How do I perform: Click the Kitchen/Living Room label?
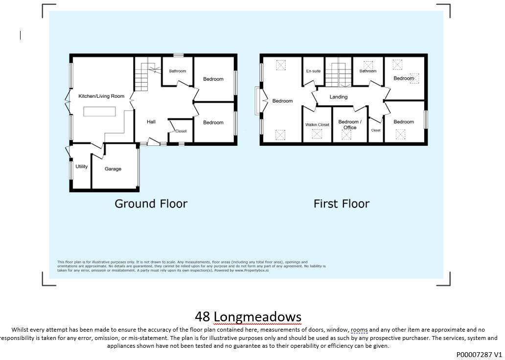[x=101, y=96]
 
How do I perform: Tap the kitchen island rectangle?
[x=99, y=112]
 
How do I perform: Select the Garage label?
[x=113, y=169]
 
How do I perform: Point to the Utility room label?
[x=82, y=167]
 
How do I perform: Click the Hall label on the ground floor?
[x=151, y=122]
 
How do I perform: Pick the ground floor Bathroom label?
[x=177, y=71]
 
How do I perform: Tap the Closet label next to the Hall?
[x=181, y=131]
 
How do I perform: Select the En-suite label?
[x=313, y=71]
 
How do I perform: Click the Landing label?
[x=338, y=97]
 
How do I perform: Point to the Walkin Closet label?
[x=317, y=125]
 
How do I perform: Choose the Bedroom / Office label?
[x=350, y=125]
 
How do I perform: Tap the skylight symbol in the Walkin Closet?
[x=317, y=134]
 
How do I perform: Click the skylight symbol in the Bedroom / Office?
[x=346, y=135]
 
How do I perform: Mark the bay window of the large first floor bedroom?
[x=257, y=101]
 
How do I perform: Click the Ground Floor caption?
[x=151, y=203]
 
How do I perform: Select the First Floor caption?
[x=341, y=203]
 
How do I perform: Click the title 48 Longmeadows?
[x=248, y=317]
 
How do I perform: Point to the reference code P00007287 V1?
[x=479, y=355]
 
